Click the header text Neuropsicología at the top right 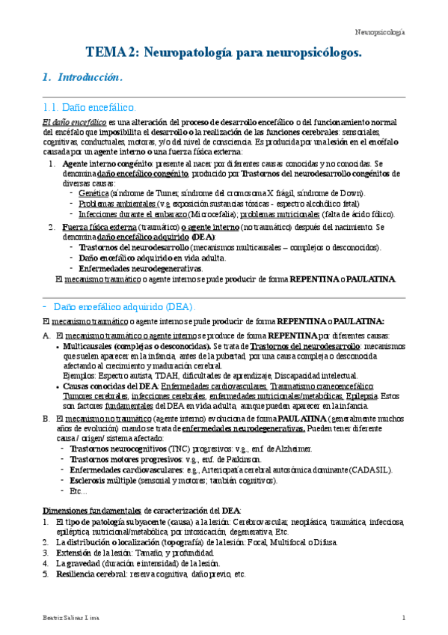[379, 32]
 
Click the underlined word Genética [93, 192]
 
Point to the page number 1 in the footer [403, 617]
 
